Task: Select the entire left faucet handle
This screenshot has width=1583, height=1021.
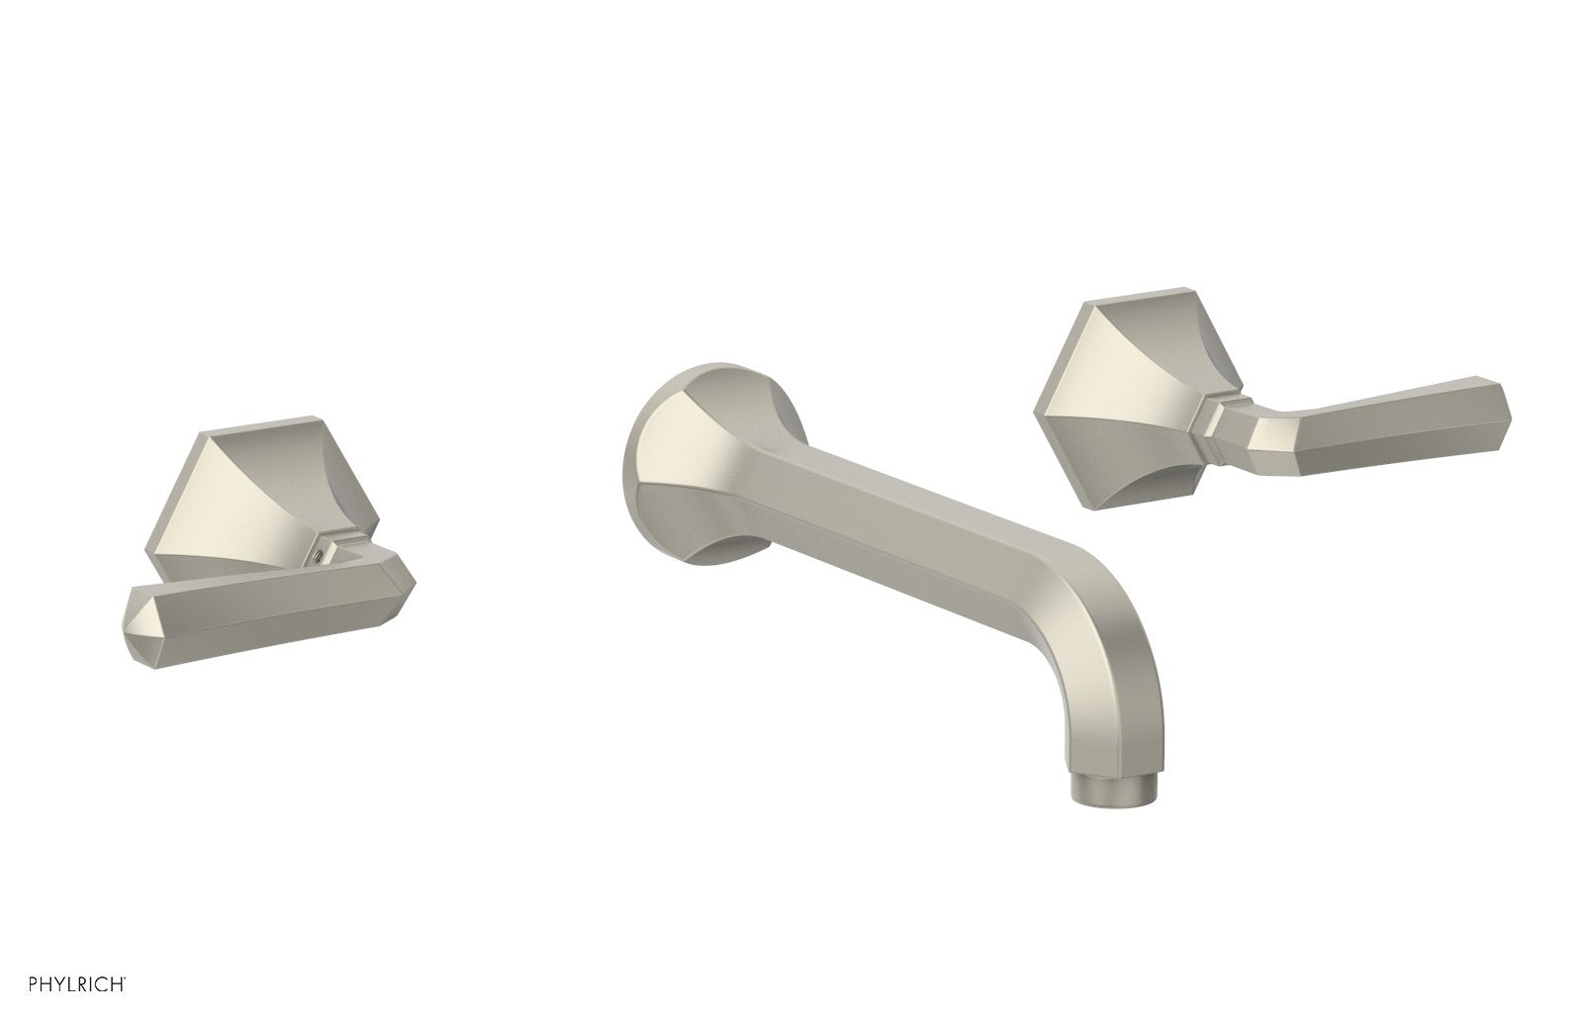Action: (247, 554)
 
